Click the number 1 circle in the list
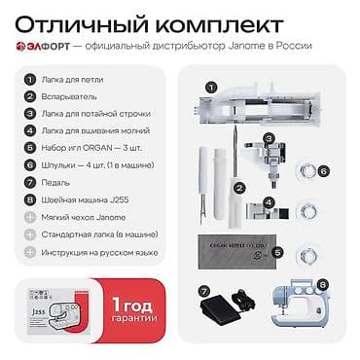click(x=30, y=80)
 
